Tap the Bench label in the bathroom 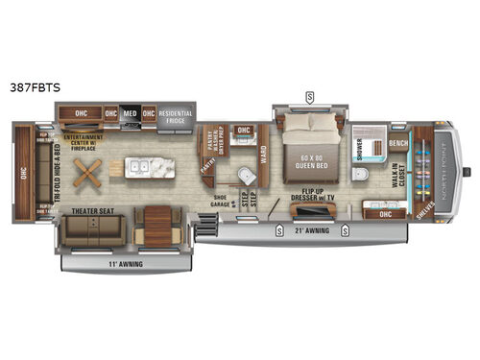398,143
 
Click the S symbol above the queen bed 310,96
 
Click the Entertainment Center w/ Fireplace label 85,142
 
